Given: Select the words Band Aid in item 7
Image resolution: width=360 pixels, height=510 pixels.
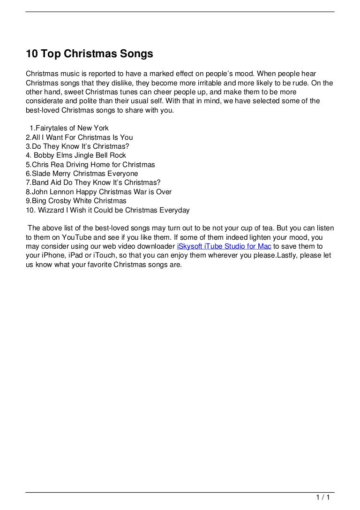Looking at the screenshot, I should [x=46, y=183].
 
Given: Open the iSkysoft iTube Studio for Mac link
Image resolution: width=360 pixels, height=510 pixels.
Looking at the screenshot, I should [x=224, y=246].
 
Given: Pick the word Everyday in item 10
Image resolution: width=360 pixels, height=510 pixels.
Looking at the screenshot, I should [x=174, y=210].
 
